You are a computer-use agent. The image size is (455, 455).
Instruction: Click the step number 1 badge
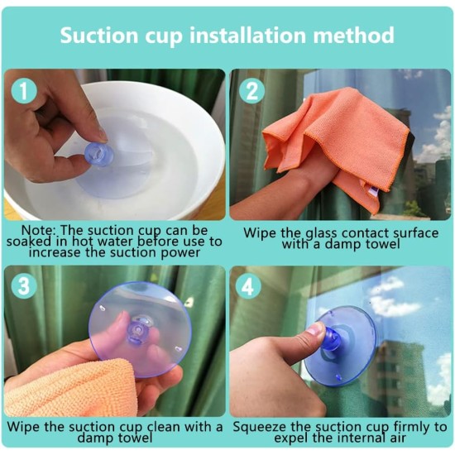tap(24, 90)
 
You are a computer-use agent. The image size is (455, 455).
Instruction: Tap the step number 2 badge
tap(251, 90)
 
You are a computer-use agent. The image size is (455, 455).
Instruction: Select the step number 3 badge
tap(24, 286)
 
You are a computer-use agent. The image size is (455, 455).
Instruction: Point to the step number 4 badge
tap(248, 286)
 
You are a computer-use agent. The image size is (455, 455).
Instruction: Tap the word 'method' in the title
tap(353, 36)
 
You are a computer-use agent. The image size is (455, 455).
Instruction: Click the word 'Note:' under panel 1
tap(38, 230)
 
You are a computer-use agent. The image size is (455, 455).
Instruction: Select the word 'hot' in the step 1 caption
tap(84, 242)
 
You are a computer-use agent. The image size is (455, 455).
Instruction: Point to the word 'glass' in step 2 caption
tap(322, 234)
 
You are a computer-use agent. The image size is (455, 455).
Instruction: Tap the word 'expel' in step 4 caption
tap(291, 438)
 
